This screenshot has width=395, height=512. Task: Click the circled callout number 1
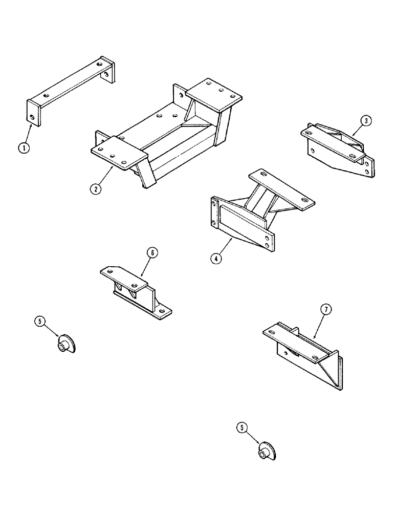23,148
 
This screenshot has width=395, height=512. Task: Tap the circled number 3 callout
365,121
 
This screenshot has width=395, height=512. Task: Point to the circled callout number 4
216,258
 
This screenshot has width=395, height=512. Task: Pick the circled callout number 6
152,252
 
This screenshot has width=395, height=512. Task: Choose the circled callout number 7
326,309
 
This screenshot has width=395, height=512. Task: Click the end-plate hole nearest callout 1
33,117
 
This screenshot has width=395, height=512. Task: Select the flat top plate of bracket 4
281,189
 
